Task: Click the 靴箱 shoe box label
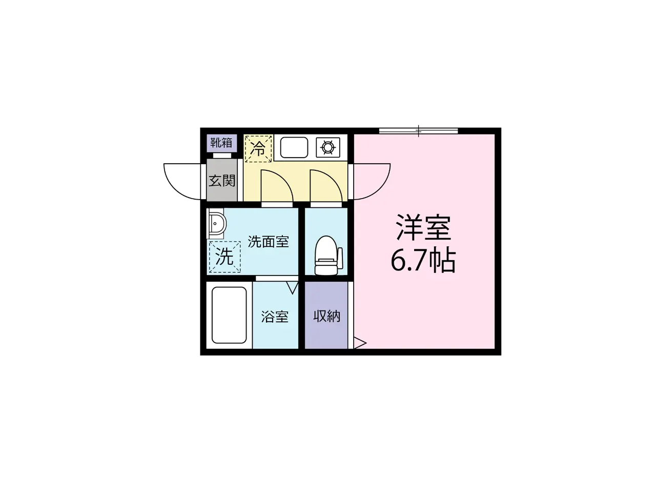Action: tap(221, 143)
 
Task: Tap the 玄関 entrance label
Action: tap(222, 181)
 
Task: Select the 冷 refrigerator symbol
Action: tap(258, 149)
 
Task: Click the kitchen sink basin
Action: tap(294, 147)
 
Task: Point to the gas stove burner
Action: tap(327, 147)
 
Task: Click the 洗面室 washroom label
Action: tap(268, 242)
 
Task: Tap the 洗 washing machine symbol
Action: tap(225, 257)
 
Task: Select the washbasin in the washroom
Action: tap(217, 223)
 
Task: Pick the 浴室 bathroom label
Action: tap(275, 317)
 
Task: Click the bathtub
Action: tap(229, 315)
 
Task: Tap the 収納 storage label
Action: tap(327, 316)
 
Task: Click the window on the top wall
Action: tap(419, 131)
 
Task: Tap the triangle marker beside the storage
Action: tap(360, 343)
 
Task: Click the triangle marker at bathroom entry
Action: tap(292, 287)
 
